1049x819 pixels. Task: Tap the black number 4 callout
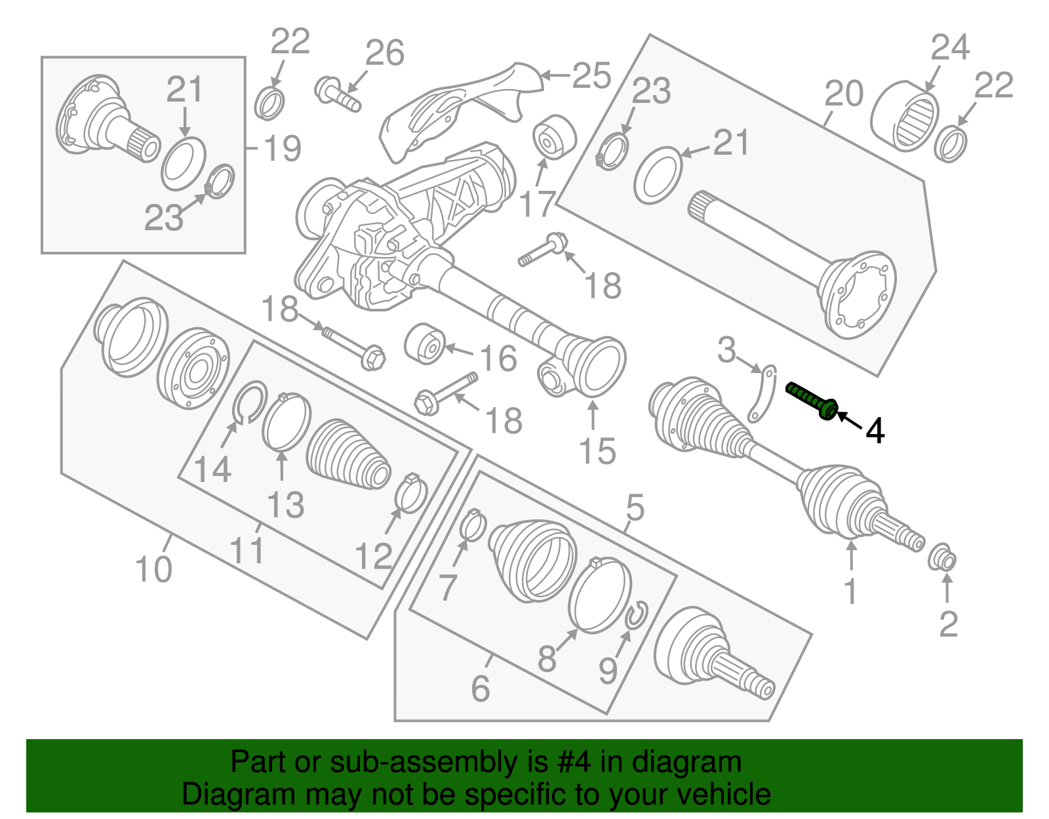[875, 431]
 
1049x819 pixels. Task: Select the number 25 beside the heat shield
[591, 76]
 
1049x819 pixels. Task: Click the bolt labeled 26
[337, 94]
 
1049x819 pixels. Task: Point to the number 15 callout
[597, 451]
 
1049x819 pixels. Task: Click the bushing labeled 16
[424, 342]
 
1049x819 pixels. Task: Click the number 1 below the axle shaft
[850, 591]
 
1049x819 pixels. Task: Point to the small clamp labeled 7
[473, 525]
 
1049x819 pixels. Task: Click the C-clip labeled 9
[637, 614]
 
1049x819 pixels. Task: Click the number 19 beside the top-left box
[283, 148]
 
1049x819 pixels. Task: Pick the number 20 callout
[844, 93]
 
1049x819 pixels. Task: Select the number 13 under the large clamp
[286, 505]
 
